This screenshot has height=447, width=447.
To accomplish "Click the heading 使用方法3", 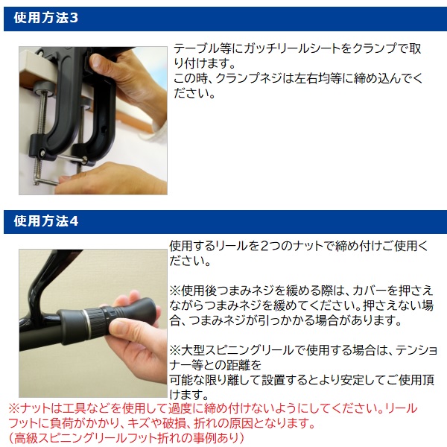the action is click(45, 18).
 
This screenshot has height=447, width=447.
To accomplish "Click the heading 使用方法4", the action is click(45, 221).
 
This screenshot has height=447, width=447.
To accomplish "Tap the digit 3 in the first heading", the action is click(74, 18).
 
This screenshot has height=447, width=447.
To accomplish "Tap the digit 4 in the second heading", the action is click(74, 221).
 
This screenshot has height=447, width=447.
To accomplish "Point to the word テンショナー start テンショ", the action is click(416, 350).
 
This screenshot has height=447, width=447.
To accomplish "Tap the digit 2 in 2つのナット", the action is click(264, 247).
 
